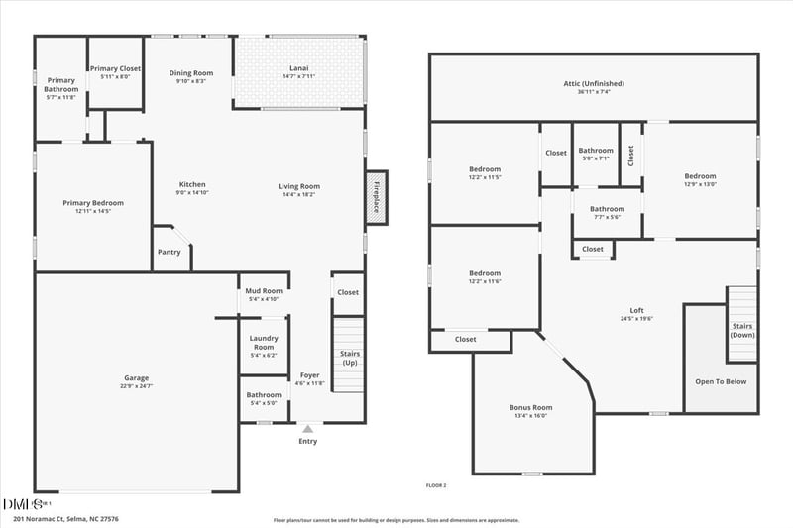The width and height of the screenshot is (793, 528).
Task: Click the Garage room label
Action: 136,378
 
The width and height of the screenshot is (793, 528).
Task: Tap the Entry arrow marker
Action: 308,429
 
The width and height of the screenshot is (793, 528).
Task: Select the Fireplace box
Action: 376,194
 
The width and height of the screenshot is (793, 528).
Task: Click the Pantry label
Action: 169,252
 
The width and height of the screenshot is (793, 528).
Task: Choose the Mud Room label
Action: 266,291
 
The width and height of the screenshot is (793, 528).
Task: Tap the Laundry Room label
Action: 264,343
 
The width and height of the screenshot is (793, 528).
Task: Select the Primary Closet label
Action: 116,68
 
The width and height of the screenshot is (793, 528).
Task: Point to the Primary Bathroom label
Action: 61,84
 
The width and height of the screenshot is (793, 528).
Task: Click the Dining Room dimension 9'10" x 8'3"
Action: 191,81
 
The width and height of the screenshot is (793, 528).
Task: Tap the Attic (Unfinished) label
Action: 594,84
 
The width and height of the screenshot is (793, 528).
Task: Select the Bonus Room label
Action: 531,407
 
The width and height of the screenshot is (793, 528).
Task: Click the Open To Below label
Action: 720,381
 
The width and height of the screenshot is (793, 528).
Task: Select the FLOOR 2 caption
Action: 436,485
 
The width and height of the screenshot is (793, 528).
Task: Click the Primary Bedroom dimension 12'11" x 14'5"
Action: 93,211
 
